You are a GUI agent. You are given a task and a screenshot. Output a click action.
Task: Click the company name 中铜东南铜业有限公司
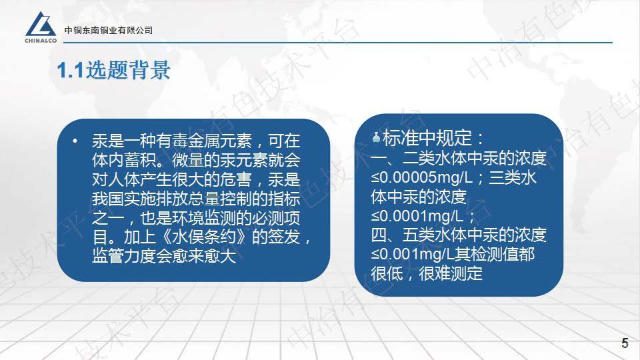tap(109, 31)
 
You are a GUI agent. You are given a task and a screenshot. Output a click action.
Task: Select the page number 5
tap(625, 343)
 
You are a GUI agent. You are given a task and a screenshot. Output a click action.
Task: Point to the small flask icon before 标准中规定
tap(377, 138)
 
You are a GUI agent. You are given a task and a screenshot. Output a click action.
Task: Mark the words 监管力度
tap(120, 256)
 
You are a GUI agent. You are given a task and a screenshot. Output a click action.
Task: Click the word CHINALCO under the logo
tap(41, 39)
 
